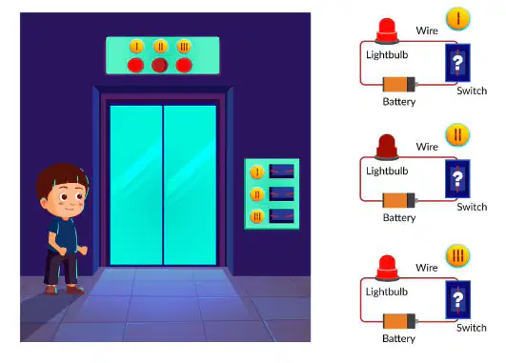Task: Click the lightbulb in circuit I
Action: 387,31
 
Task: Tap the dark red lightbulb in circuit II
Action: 387,147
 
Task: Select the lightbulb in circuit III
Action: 387,268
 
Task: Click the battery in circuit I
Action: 400,85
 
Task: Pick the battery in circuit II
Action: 400,200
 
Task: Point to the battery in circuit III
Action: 400,321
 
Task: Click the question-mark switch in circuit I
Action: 457,63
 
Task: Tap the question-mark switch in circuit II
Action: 457,179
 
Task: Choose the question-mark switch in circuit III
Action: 458,300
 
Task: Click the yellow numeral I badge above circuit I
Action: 458,19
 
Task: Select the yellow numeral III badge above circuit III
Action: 458,256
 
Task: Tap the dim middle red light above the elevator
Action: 160,65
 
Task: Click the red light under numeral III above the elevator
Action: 184,65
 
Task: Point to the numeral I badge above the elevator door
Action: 136,47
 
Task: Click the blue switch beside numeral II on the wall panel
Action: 281,194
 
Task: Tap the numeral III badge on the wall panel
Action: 257,216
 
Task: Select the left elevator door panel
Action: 136,185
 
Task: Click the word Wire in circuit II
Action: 427,147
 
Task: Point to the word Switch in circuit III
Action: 472,328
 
